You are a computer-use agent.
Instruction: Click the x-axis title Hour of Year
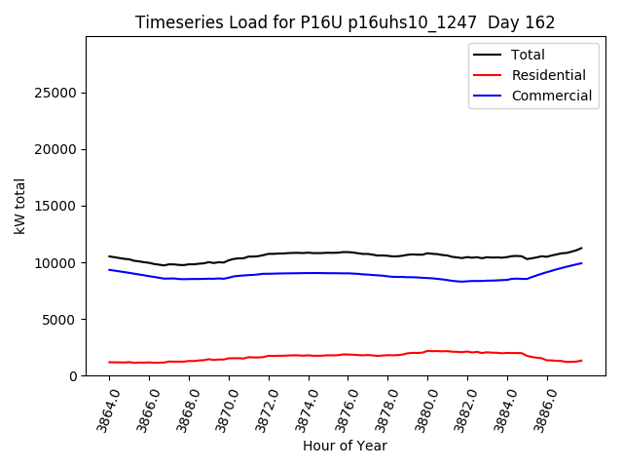point(345,446)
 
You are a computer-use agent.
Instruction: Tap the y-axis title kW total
point(19,207)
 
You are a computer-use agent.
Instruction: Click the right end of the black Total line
point(582,248)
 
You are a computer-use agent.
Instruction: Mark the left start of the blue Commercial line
point(109,270)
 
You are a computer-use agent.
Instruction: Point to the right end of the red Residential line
point(582,360)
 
